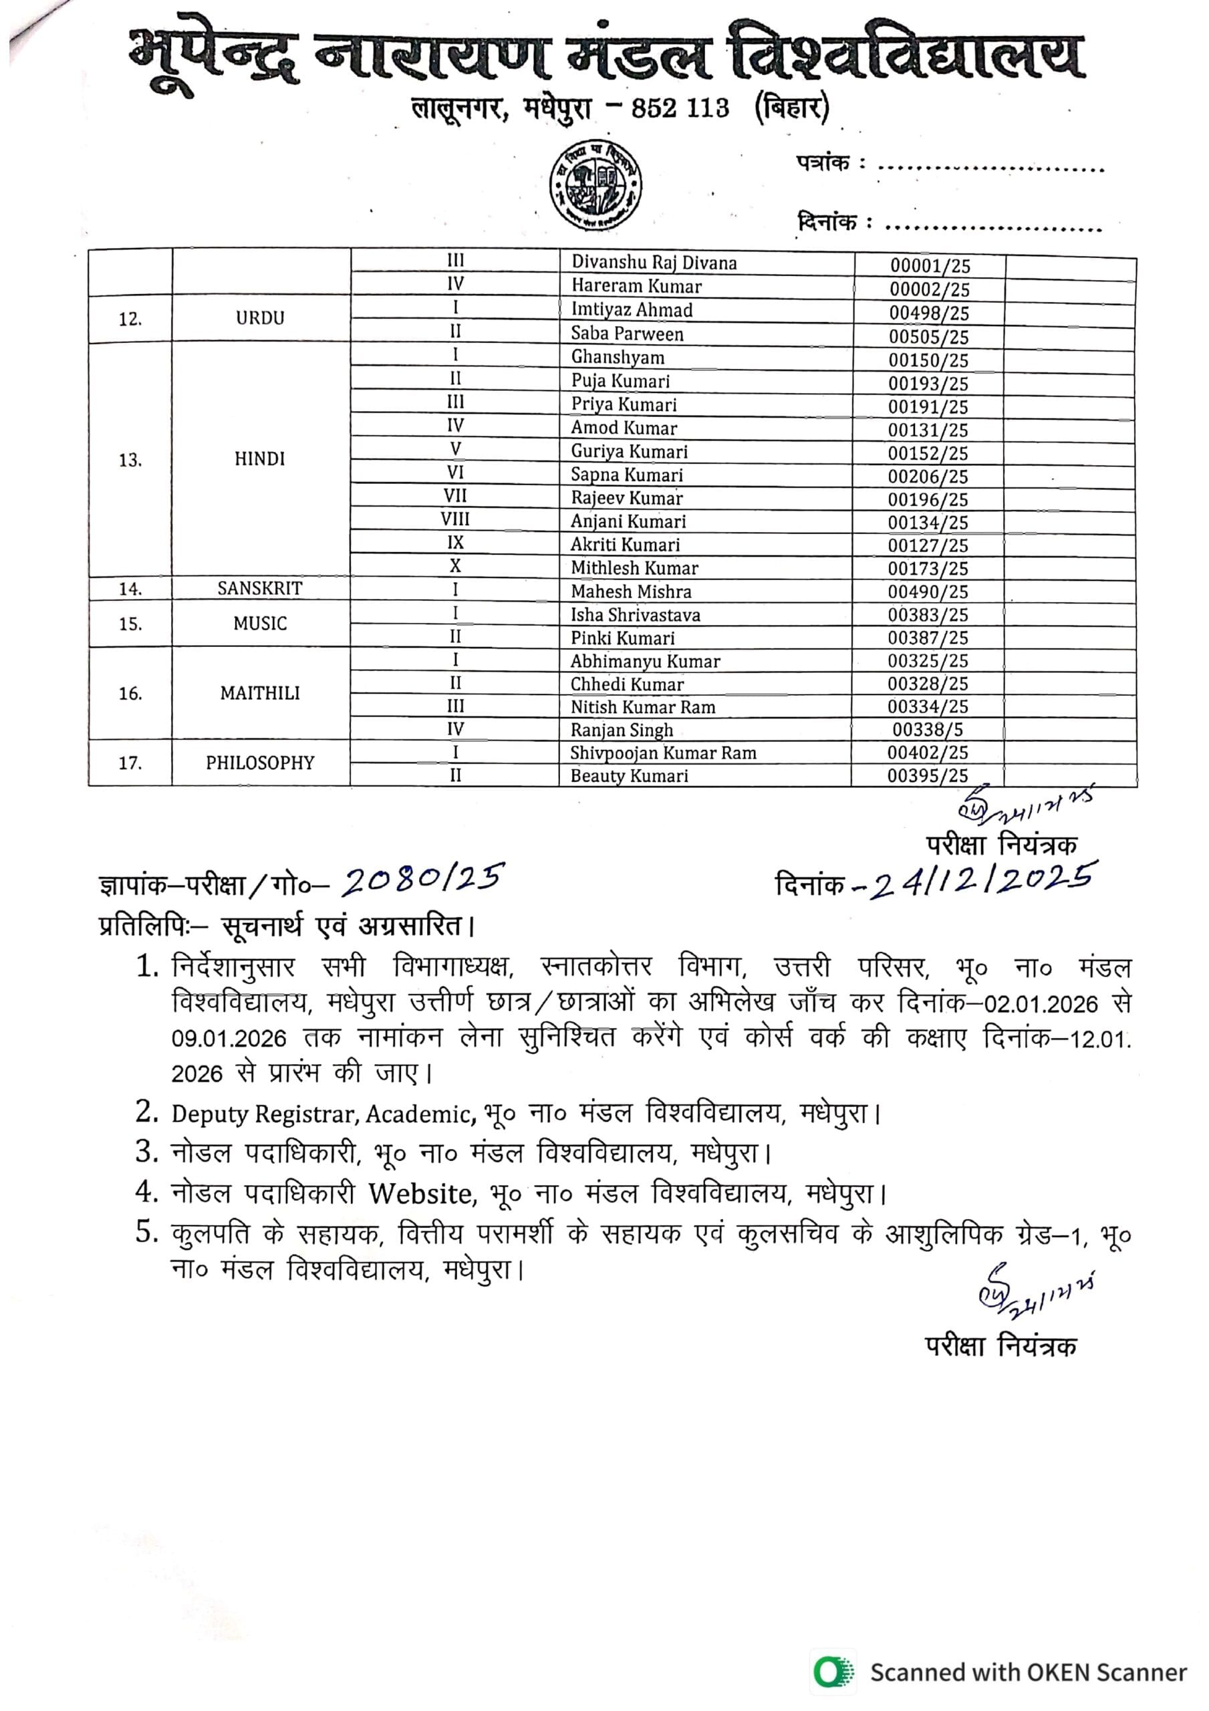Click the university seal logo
[595, 185]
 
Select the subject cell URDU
[260, 318]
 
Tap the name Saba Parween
[627, 334]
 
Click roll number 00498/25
[929, 313]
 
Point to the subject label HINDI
[260, 459]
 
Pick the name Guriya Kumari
[629, 452]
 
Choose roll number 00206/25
[928, 476]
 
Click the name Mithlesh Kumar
[634, 568]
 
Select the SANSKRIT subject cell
[260, 589]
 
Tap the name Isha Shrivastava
[635, 615]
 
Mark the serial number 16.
[130, 694]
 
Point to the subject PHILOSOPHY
[260, 763]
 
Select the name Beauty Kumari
[629, 776]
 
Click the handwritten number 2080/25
[422, 880]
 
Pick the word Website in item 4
[421, 1194]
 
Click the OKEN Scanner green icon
[833, 1672]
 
